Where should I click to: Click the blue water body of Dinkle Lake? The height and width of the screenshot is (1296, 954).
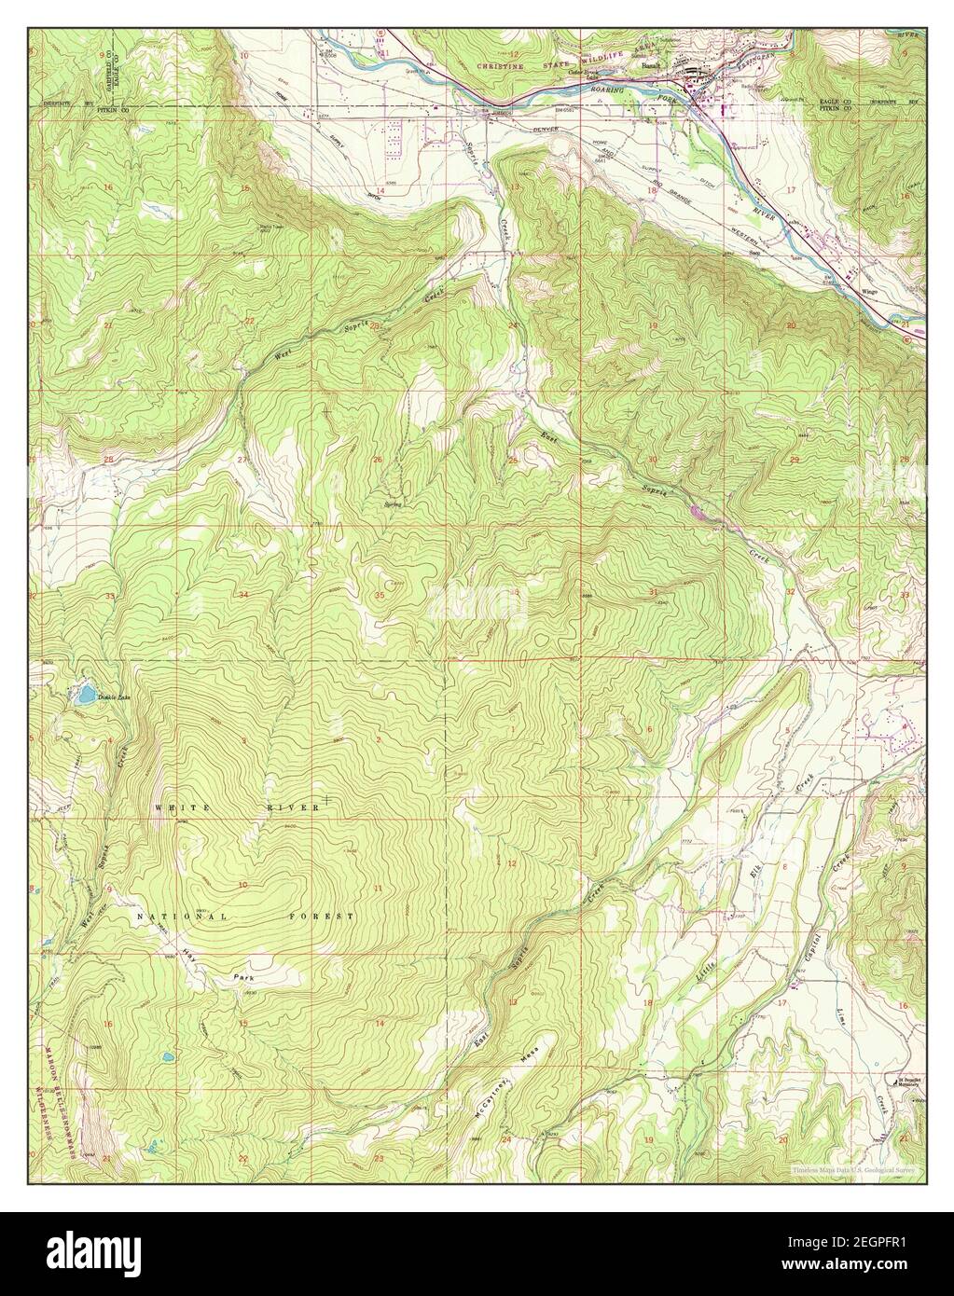(85, 695)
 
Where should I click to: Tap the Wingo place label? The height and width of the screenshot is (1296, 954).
(871, 291)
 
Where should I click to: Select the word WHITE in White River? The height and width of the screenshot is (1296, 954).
(177, 807)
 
